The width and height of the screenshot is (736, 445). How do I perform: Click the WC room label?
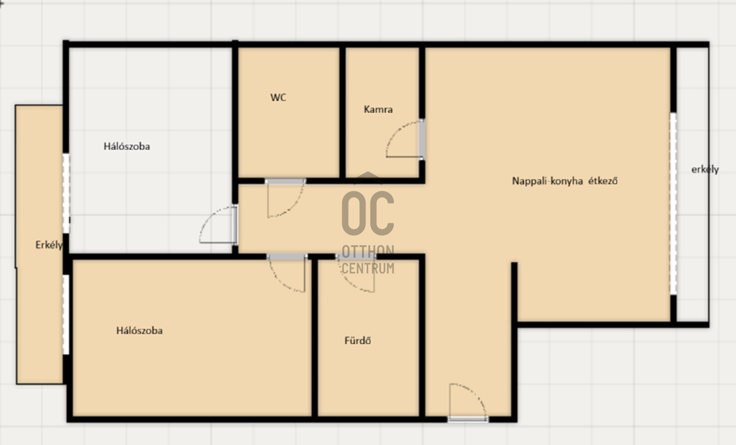[x=278, y=98]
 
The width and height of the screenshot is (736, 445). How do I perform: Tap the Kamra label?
[x=378, y=109]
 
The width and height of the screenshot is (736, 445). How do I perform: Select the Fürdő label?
[x=357, y=340]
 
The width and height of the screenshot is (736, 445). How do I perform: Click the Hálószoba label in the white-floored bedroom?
[x=127, y=146]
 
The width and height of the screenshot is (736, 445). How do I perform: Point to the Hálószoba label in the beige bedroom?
[x=139, y=331]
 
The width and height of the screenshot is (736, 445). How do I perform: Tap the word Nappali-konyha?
[x=547, y=181]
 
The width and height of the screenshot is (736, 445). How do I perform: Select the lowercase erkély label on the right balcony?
[x=705, y=170]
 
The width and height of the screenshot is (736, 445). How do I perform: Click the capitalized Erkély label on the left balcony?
[x=49, y=245]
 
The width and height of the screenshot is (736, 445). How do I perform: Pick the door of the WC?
[x=285, y=198]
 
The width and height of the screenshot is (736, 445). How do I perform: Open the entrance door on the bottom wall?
[x=468, y=402]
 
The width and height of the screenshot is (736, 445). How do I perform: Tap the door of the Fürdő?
[x=356, y=273]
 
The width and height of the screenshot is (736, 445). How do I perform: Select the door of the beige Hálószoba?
[x=287, y=273]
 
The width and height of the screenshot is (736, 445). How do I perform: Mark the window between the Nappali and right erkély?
[x=673, y=204]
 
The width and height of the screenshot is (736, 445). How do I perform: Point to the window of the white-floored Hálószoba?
[x=66, y=193]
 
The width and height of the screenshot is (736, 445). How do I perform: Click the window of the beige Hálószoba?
[x=66, y=315]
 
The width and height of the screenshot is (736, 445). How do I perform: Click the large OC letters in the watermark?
[x=368, y=213]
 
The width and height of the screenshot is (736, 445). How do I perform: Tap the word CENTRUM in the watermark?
[x=368, y=268]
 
